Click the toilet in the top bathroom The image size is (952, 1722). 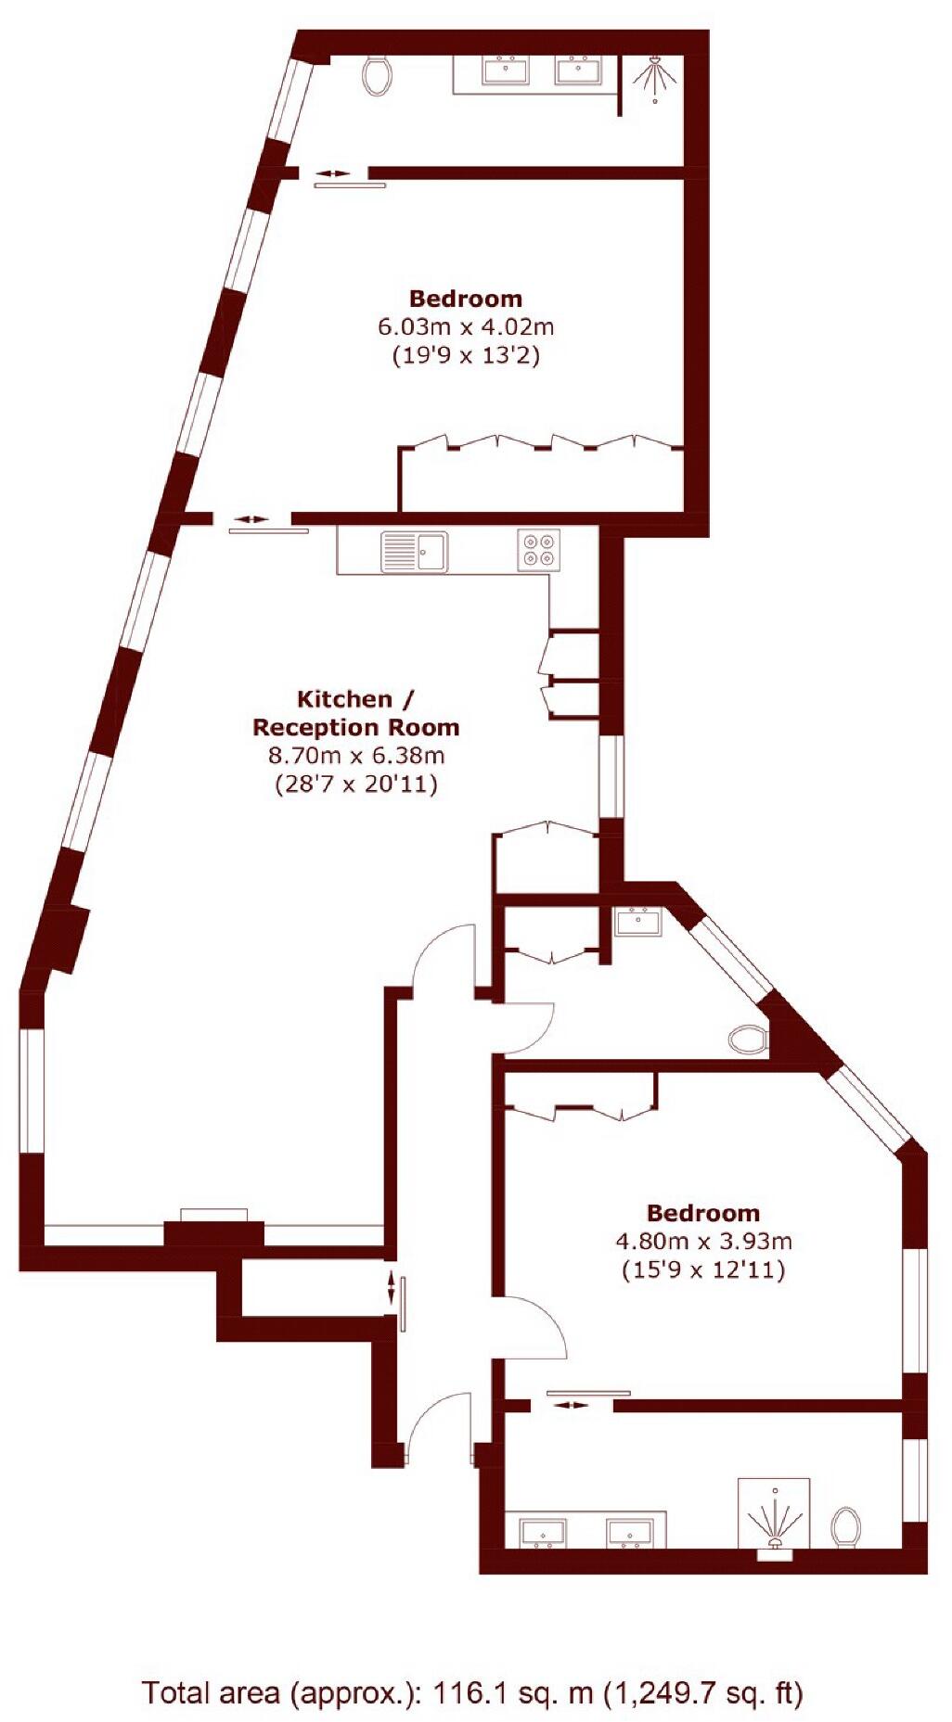(x=377, y=74)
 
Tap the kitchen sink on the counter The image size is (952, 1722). (x=414, y=552)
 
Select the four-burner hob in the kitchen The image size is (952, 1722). (x=538, y=549)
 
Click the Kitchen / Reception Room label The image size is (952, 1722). (x=355, y=713)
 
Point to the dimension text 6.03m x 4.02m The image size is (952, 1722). (x=466, y=326)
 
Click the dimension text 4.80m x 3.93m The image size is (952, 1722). (x=703, y=1241)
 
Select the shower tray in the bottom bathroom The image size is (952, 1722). (x=774, y=1514)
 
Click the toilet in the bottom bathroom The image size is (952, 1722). (x=845, y=1525)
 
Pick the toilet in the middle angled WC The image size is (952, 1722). (x=748, y=1039)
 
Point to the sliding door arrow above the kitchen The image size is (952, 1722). (x=249, y=519)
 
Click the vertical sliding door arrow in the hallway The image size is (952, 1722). (x=391, y=1287)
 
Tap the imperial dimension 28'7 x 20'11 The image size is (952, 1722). (x=356, y=784)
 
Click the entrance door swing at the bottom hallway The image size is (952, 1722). (x=436, y=1428)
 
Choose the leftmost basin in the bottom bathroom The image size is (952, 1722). (x=542, y=1533)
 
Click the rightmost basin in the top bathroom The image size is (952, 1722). (x=579, y=70)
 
